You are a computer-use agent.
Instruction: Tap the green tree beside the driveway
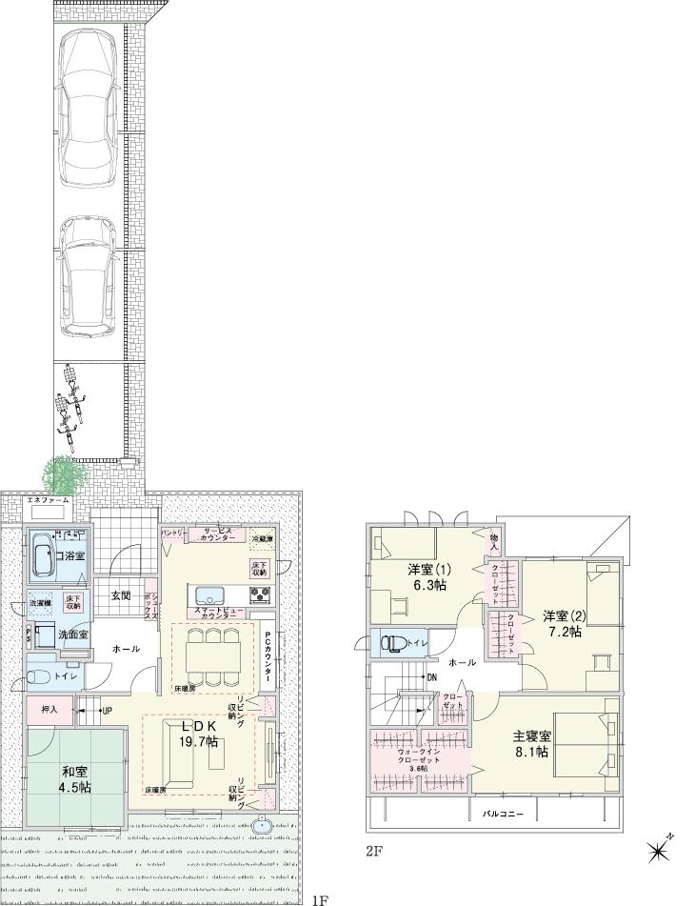(64, 473)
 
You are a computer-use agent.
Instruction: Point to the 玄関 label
(120, 595)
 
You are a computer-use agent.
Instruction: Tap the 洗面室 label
(49, 634)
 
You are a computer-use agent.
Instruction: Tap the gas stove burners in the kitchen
(261, 596)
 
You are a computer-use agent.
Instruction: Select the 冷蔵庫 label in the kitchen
(261, 539)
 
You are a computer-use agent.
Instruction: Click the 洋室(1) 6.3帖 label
(427, 577)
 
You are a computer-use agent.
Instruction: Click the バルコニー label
(503, 814)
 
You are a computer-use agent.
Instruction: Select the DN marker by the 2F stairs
(432, 678)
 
